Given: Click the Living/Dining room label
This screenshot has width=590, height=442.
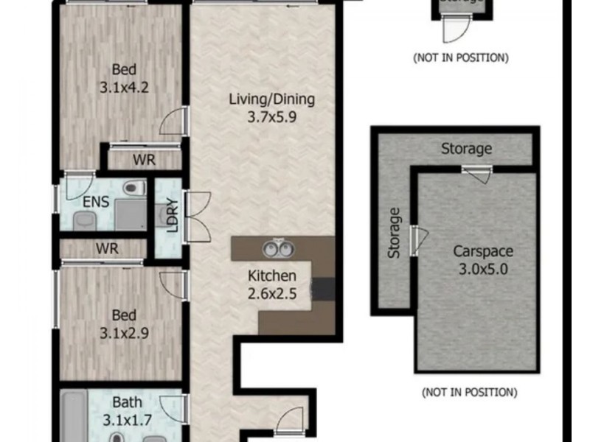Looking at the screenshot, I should pyautogui.click(x=271, y=99).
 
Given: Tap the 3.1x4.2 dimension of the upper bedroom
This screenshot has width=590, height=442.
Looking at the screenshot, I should pyautogui.click(x=125, y=86).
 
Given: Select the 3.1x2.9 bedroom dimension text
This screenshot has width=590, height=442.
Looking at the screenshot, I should pyautogui.click(x=125, y=332).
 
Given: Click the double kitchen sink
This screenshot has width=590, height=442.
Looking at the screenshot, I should pyautogui.click(x=279, y=248).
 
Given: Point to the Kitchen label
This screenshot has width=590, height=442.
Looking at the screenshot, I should pyautogui.click(x=271, y=276).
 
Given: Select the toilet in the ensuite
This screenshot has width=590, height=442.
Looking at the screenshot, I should pyautogui.click(x=131, y=189).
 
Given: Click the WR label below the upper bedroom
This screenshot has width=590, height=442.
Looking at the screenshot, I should pyautogui.click(x=144, y=160).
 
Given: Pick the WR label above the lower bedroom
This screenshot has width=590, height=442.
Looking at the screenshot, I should pyautogui.click(x=107, y=248).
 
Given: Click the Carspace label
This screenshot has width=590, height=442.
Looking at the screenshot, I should pyautogui.click(x=482, y=250).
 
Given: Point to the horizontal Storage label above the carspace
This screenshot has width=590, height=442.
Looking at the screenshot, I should pyautogui.click(x=466, y=149).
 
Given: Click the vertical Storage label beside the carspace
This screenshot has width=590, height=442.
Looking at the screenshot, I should pyautogui.click(x=395, y=233).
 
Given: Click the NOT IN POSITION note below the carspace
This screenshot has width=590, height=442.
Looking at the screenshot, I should pyautogui.click(x=469, y=393).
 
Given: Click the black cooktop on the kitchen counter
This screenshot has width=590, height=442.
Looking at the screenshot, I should pyautogui.click(x=323, y=289).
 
